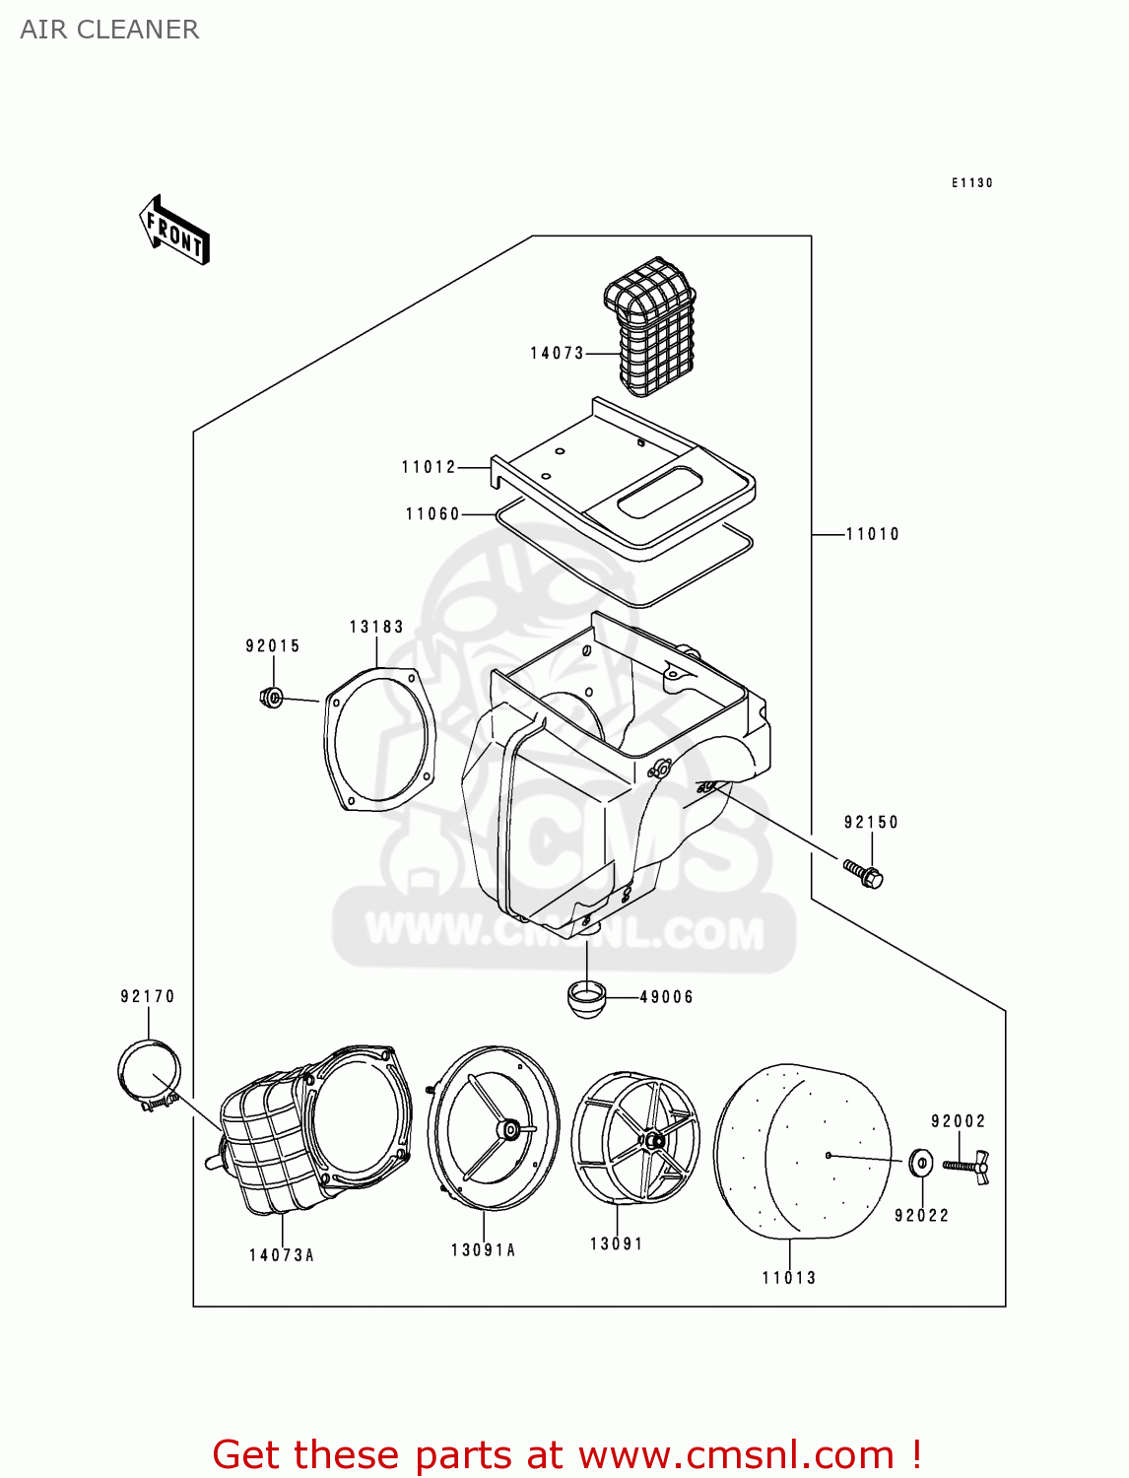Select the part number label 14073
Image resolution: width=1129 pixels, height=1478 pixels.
pyautogui.click(x=557, y=353)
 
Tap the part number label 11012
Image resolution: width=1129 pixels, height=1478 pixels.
pyautogui.click(x=429, y=467)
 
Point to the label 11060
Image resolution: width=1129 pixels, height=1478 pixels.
pyautogui.click(x=432, y=514)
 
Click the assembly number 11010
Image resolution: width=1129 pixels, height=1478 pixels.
pyautogui.click(x=872, y=534)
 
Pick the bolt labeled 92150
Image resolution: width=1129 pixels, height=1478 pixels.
pyautogui.click(x=863, y=873)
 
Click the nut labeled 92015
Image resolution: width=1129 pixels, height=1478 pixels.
pyautogui.click(x=271, y=698)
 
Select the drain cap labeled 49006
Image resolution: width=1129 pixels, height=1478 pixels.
pyautogui.click(x=586, y=998)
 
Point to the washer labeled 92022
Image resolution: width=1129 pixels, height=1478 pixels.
pyautogui.click(x=921, y=1163)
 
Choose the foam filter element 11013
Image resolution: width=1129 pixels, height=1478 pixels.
pyautogui.click(x=803, y=1150)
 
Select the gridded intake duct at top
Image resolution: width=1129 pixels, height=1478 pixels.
pyautogui.click(x=650, y=325)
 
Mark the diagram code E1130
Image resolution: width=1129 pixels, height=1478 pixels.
pyautogui.click(x=971, y=183)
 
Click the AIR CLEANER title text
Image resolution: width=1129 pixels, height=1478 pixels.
pyautogui.click(x=109, y=30)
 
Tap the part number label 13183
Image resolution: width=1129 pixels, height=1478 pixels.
pyautogui.click(x=376, y=627)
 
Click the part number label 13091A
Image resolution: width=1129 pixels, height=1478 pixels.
pyautogui.click(x=483, y=1250)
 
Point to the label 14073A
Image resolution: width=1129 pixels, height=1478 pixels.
pyautogui.click(x=282, y=1255)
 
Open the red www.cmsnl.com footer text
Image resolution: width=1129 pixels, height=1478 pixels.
pyautogui.click(x=566, y=1454)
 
